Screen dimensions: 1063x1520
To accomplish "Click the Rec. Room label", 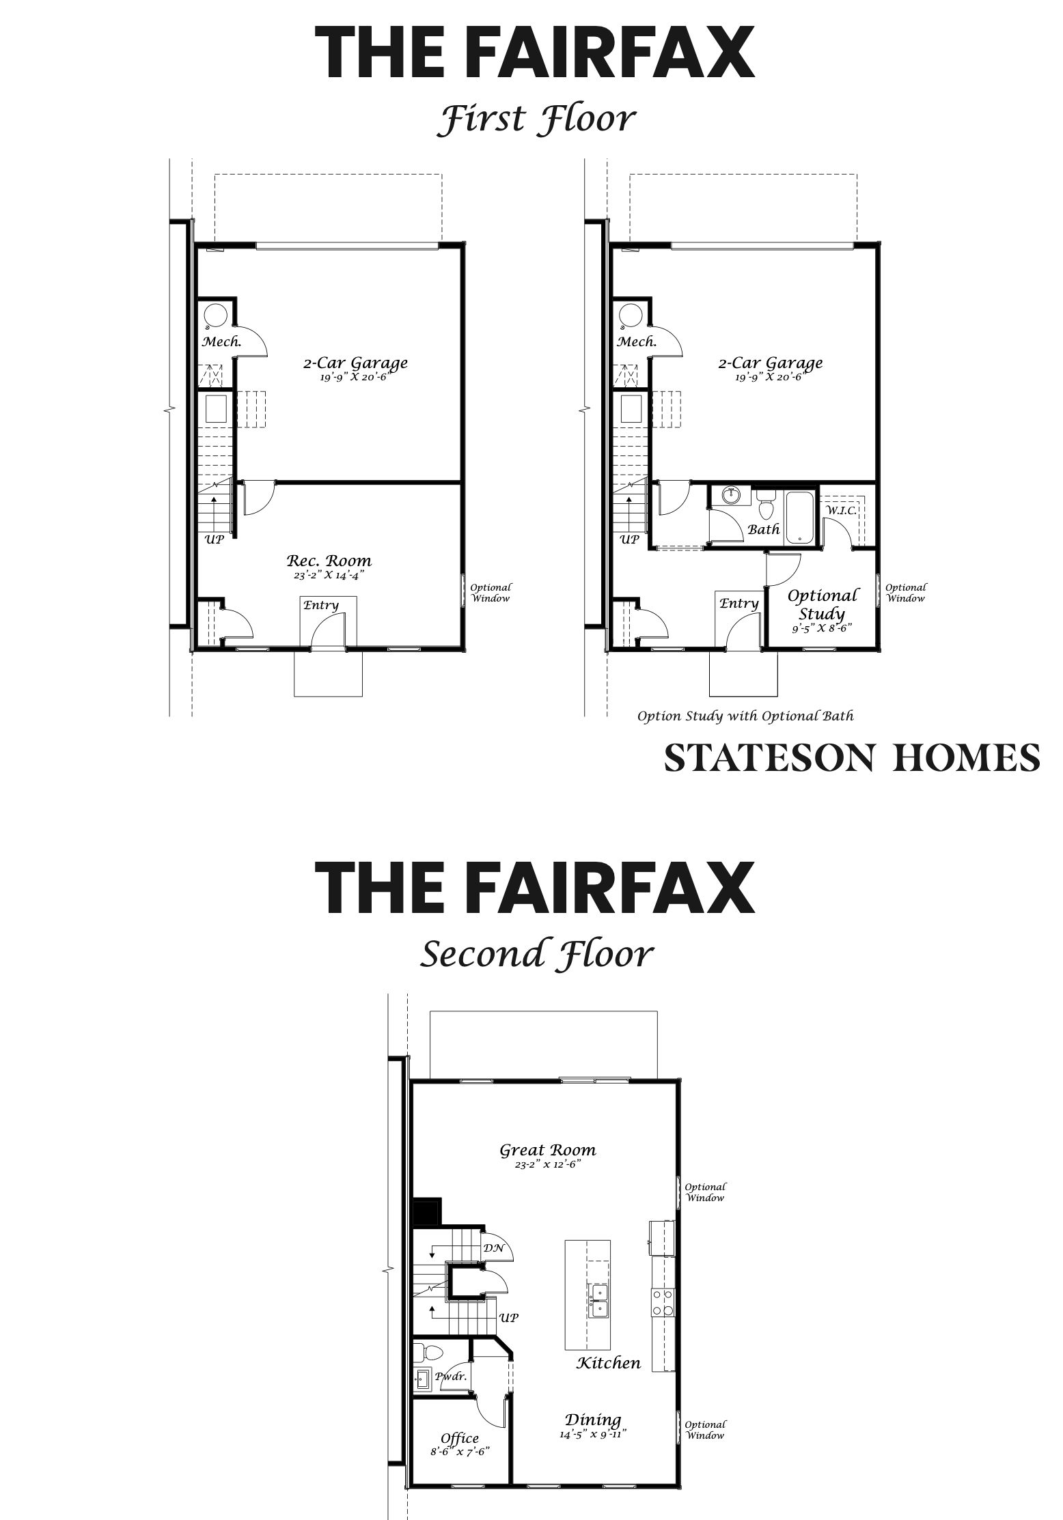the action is coord(329,561).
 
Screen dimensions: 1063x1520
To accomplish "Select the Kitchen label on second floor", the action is coord(609,1363).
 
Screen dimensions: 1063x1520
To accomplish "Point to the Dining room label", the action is coord(593,1420).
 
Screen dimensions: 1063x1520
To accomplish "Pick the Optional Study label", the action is coord(822,604).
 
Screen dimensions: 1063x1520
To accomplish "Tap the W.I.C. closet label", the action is coord(841,510).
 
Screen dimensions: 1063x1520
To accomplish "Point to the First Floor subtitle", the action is coord(536,118).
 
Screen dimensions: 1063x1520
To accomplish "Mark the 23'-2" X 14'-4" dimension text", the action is coord(329,576).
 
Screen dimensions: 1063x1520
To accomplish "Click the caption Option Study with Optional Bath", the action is coord(745,716).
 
